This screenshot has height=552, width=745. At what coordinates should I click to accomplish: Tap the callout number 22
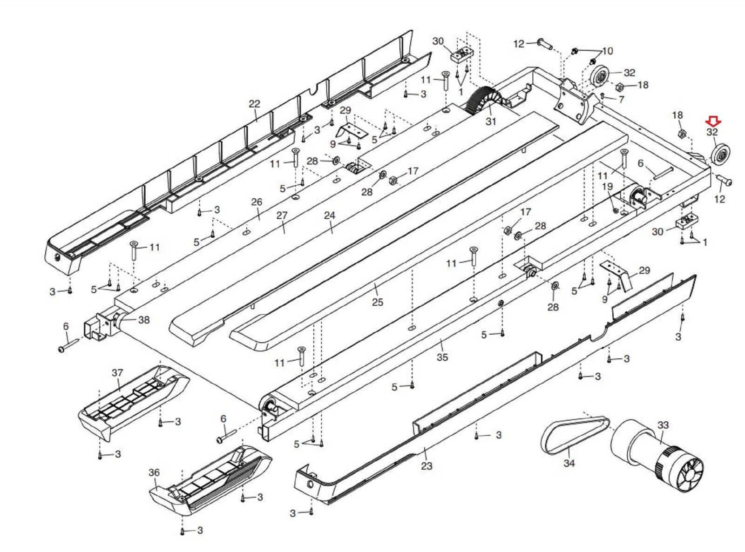coord(254,104)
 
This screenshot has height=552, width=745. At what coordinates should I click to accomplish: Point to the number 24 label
coord(330,215)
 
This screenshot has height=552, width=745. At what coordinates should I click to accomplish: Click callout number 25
coord(377,302)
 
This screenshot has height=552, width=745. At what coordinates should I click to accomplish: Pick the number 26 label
coord(257,202)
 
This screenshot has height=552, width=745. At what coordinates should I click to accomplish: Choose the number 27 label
coord(282,215)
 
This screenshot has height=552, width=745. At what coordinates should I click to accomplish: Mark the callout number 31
coord(491,121)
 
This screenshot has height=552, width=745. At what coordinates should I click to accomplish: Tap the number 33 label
coord(663,425)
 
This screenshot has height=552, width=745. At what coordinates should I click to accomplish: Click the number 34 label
coord(569,463)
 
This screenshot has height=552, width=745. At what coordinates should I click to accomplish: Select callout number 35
coord(442,357)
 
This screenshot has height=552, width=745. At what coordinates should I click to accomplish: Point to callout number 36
coord(154,472)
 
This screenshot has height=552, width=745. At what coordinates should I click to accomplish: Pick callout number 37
coord(117,373)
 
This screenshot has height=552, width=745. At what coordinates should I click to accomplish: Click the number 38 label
coord(144,320)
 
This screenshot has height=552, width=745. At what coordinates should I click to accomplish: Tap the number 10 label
coord(608,51)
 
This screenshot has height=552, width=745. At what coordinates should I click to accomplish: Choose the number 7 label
coord(621,99)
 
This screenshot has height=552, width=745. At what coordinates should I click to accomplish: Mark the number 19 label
coord(608,187)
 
